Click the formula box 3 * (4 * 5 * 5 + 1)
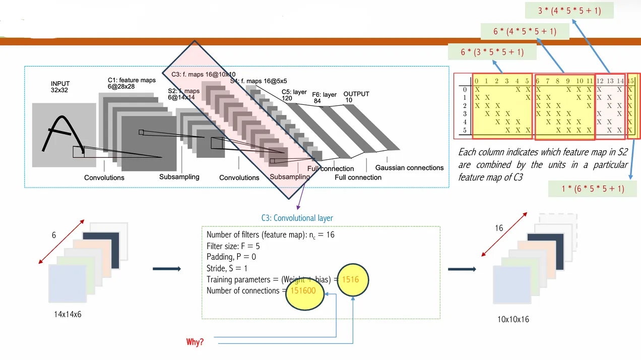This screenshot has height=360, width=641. (x=569, y=10)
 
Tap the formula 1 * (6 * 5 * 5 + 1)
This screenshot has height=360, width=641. (x=592, y=189)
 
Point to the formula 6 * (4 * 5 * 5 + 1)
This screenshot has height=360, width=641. (x=525, y=31)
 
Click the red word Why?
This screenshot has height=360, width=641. (x=195, y=342)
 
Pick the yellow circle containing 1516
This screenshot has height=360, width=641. (x=353, y=279)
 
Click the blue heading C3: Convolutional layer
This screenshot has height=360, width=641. (x=297, y=218)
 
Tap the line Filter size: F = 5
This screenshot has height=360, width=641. (x=233, y=246)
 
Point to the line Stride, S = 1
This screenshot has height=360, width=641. (x=227, y=268)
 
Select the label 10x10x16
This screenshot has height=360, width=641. (x=512, y=319)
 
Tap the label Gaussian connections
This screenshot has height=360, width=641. (x=409, y=168)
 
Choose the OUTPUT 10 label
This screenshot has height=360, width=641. (x=356, y=97)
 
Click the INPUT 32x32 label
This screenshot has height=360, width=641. (x=60, y=87)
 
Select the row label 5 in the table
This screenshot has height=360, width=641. (x=465, y=130)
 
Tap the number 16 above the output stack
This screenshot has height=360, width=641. (x=499, y=228)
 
